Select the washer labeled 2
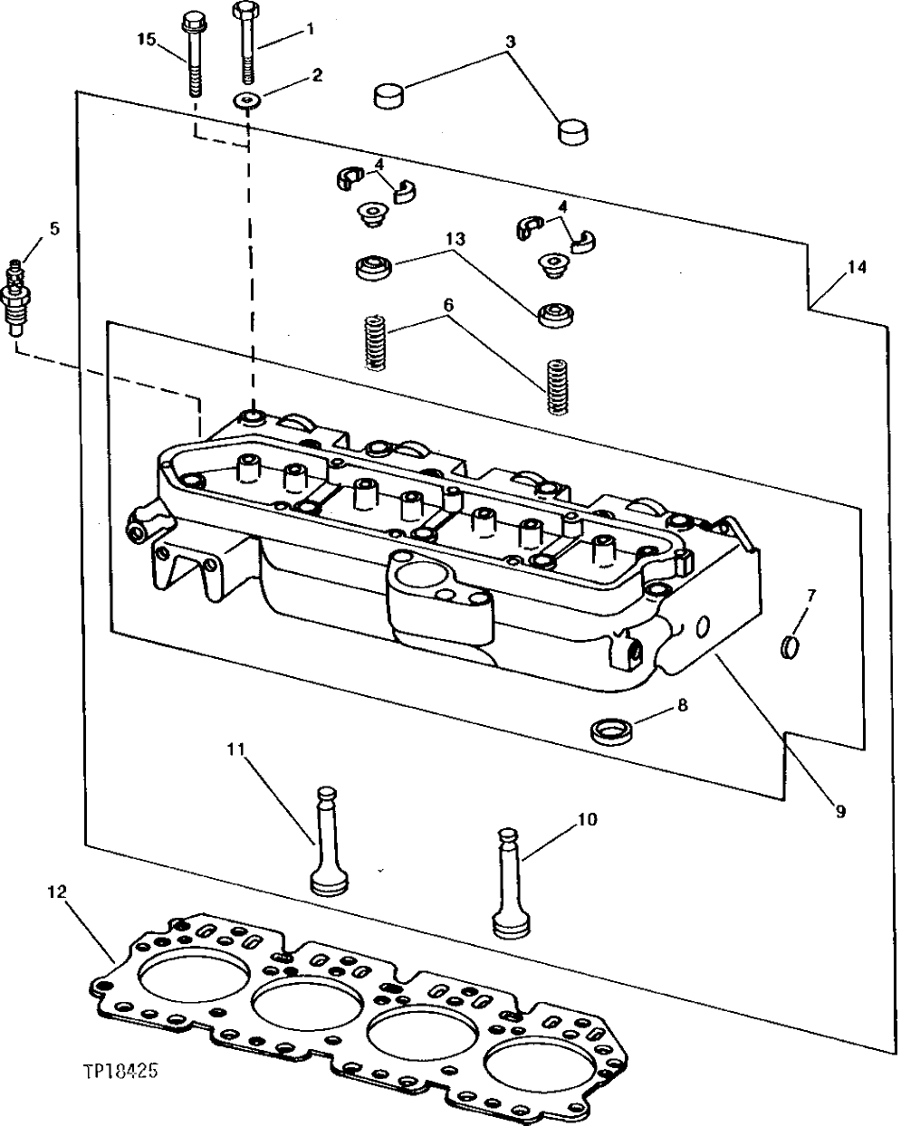coord(245,99)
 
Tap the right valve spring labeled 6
coord(558,387)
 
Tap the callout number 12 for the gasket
coord(56,892)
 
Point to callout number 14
coord(857,267)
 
